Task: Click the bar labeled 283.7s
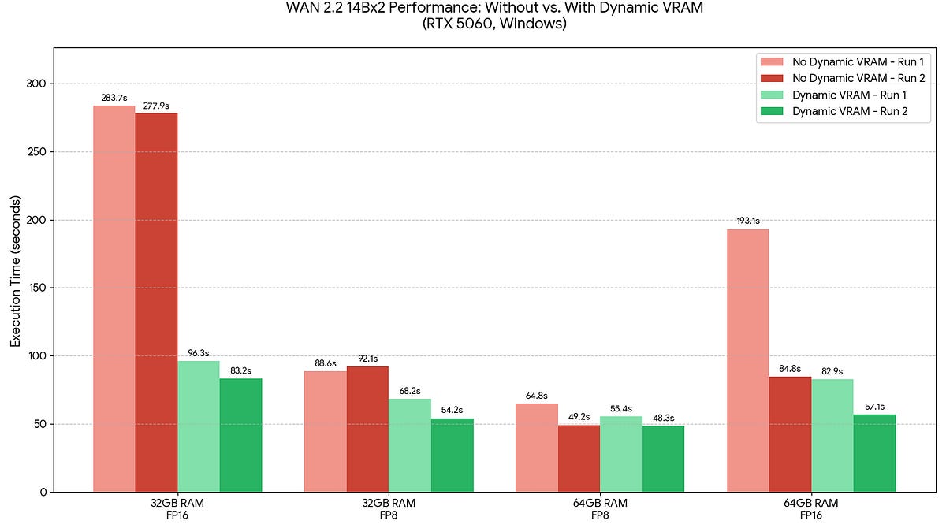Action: (114, 299)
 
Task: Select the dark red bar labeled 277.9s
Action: (156, 303)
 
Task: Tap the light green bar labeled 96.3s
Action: (199, 426)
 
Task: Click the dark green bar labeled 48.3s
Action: (663, 459)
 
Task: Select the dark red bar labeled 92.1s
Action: (367, 430)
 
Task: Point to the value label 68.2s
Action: (410, 391)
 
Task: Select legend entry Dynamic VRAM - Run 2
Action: (850, 111)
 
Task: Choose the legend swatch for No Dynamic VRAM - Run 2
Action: (772, 78)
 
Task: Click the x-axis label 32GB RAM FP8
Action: (389, 509)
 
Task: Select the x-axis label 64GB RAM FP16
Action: (811, 509)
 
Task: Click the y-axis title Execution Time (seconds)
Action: (15, 271)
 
